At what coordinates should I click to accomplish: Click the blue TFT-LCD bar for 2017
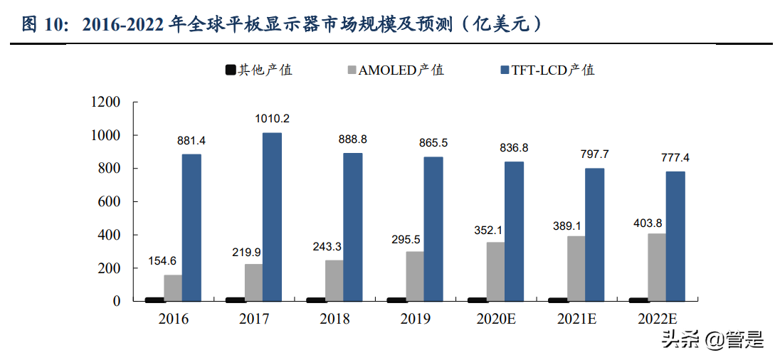272,217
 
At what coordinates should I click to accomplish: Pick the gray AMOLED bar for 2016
173,287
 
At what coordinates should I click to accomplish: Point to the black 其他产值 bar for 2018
315,300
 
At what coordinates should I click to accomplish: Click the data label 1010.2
273,119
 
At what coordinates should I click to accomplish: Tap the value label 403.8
649,223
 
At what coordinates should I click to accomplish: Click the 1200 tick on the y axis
106,102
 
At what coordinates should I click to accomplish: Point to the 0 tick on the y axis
117,301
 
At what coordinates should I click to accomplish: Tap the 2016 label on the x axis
173,319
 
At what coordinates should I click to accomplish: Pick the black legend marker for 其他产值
231,70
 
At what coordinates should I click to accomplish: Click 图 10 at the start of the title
43,24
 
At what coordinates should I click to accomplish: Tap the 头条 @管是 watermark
712,340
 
